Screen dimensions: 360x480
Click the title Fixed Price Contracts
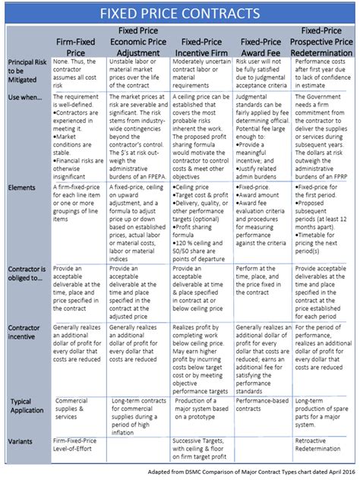tap(180, 14)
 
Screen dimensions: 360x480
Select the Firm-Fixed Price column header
tap(80, 45)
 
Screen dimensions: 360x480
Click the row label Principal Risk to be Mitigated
tap(26, 72)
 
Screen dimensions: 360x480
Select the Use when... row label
tap(23, 97)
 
